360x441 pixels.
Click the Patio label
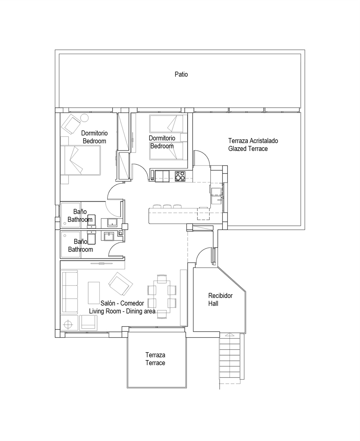(181, 74)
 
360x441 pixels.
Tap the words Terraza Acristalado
(253, 141)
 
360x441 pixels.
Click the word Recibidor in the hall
(220, 296)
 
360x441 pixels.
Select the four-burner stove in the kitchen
(180, 176)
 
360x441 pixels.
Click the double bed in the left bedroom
(81, 160)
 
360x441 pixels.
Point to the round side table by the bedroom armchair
(85, 118)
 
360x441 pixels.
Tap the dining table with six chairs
(162, 297)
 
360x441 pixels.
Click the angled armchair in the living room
(120, 284)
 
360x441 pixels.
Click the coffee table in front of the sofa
(94, 293)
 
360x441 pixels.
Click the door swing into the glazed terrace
(202, 158)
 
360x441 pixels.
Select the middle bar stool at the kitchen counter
(167, 207)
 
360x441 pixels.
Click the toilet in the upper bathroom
(91, 221)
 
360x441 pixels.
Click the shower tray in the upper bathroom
(70, 215)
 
